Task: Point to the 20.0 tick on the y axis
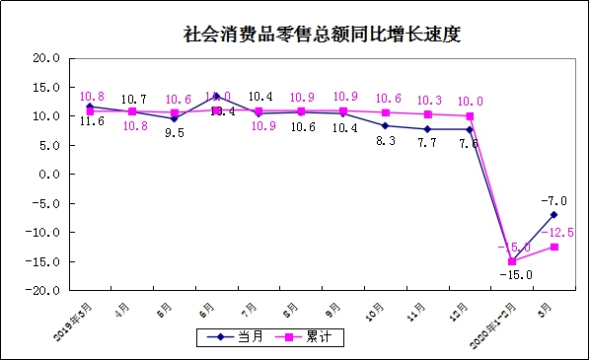point(46,58)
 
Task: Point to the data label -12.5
point(562,233)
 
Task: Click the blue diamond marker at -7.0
point(553,215)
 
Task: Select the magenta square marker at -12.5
point(553,247)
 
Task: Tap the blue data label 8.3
point(386,142)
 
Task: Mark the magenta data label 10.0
point(470,101)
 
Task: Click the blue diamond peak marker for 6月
point(217,97)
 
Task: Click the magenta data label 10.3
point(427,101)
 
